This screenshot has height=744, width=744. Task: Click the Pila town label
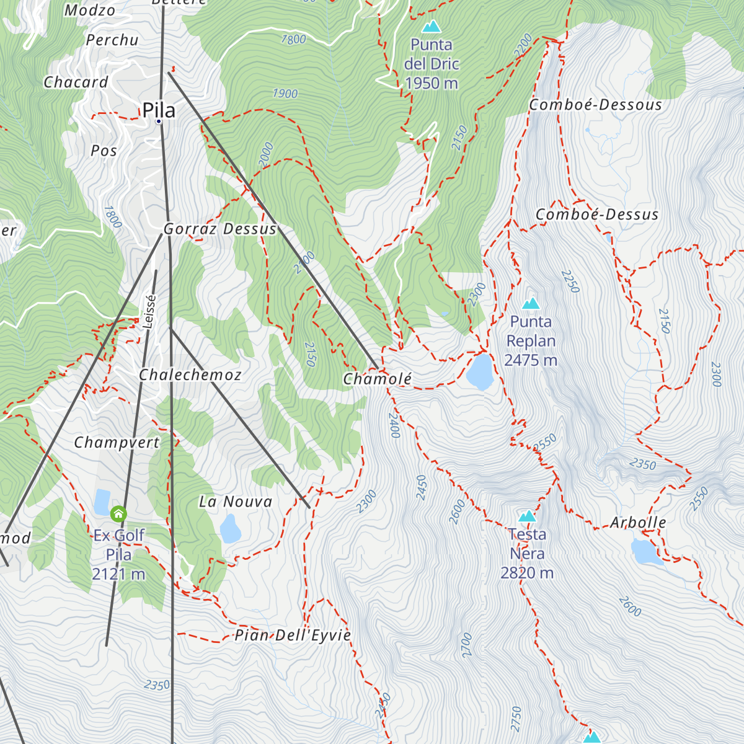tap(159, 110)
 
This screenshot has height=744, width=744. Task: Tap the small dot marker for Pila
tap(159, 122)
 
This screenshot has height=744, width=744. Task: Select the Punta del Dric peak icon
tap(431, 27)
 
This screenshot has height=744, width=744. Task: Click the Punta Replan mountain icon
tap(531, 304)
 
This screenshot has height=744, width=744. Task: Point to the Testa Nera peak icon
tap(527, 516)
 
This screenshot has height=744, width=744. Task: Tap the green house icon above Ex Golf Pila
tap(118, 514)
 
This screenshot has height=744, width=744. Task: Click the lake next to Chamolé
tap(479, 371)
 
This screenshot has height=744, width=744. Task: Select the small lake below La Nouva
tap(231, 529)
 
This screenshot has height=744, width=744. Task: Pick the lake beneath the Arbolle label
tap(646, 552)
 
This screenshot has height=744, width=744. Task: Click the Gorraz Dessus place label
tap(220, 229)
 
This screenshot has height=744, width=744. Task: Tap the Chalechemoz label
tap(190, 374)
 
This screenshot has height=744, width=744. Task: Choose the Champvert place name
tap(117, 443)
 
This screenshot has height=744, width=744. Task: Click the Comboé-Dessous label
tap(595, 105)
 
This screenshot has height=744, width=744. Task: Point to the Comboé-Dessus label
tap(597, 215)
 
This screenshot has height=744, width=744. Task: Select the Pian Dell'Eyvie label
tap(293, 635)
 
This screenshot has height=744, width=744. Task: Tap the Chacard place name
tap(76, 82)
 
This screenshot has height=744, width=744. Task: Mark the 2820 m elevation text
tap(527, 573)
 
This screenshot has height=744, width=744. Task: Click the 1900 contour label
tap(285, 94)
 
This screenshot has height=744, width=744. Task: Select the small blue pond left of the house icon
tap(102, 502)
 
